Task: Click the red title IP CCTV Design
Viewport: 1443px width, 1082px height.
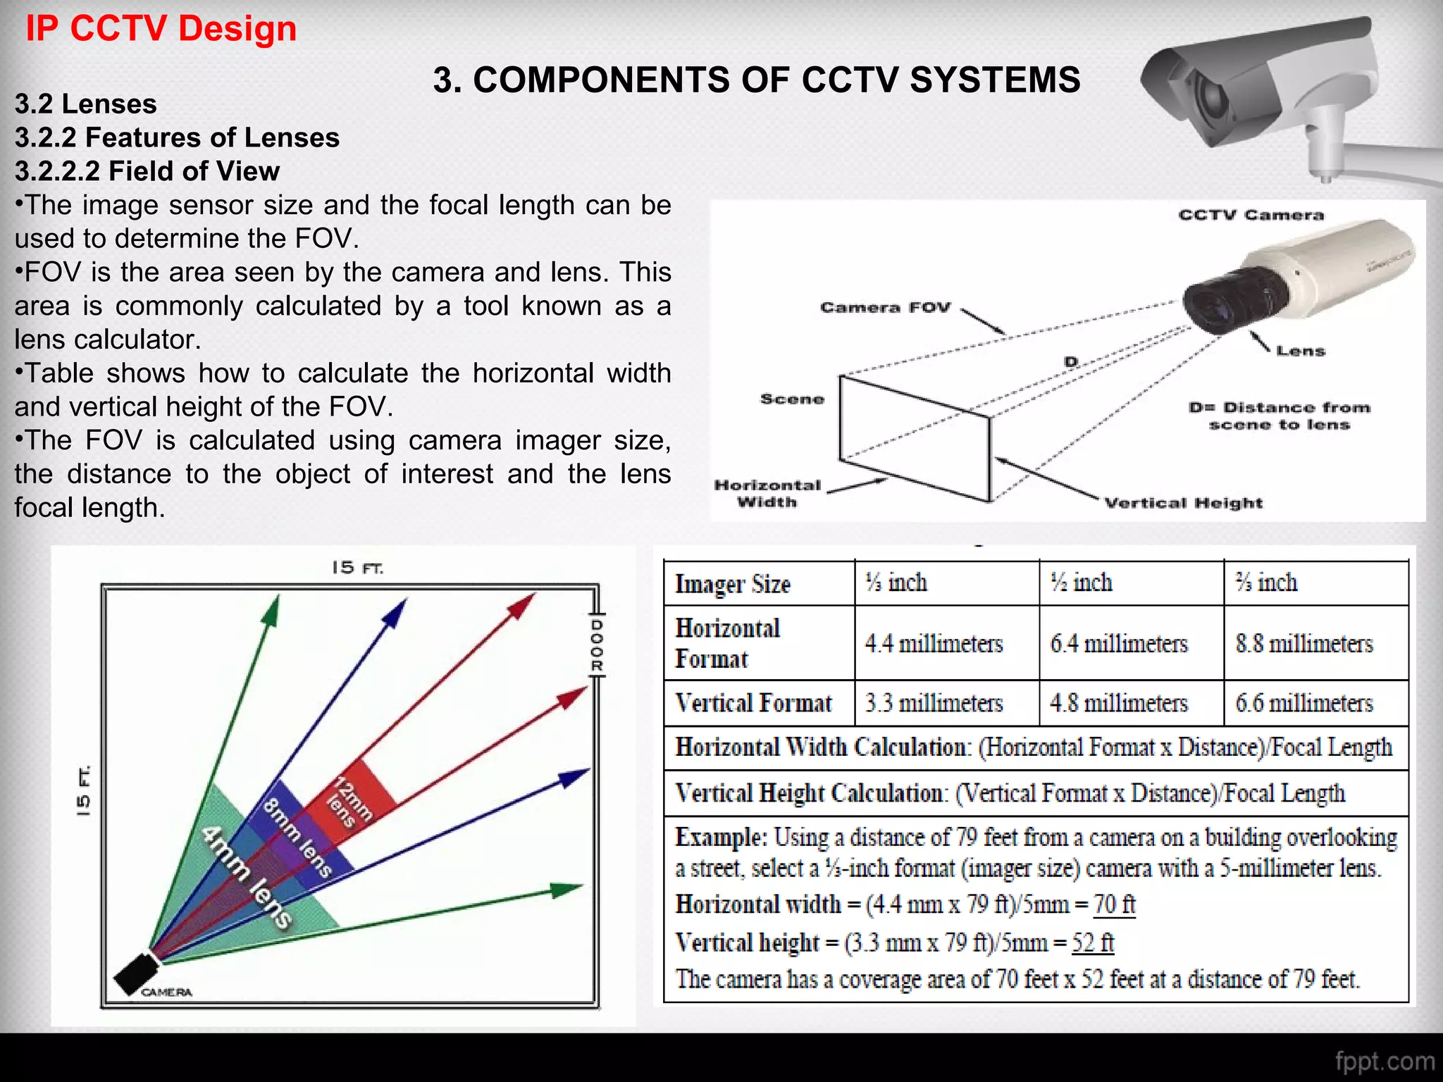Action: tap(161, 30)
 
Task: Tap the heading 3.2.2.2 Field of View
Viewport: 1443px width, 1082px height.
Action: tap(147, 171)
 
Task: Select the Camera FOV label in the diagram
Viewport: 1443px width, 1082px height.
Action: tap(885, 308)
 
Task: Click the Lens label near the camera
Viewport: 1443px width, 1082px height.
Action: tap(1301, 351)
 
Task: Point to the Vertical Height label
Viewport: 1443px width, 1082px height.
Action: tap(1183, 503)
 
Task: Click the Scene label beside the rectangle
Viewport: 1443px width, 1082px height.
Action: tap(792, 399)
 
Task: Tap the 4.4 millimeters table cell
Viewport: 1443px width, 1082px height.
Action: tap(934, 643)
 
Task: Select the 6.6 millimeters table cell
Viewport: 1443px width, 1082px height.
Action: tap(1303, 703)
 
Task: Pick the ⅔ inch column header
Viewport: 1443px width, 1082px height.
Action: tap(1266, 583)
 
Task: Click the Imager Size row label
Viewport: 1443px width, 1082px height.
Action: tap(733, 584)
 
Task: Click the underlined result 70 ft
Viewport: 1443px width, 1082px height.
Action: tap(1114, 904)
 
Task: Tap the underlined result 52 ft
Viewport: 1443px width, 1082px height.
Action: tap(1093, 943)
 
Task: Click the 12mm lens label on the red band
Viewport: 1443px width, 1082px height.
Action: tap(349, 803)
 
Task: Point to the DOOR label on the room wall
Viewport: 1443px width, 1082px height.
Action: tap(596, 645)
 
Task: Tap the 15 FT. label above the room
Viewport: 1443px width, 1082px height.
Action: tap(357, 568)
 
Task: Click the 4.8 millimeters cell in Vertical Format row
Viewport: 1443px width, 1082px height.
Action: tap(1118, 703)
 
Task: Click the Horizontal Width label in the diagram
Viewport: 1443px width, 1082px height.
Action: tap(767, 493)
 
